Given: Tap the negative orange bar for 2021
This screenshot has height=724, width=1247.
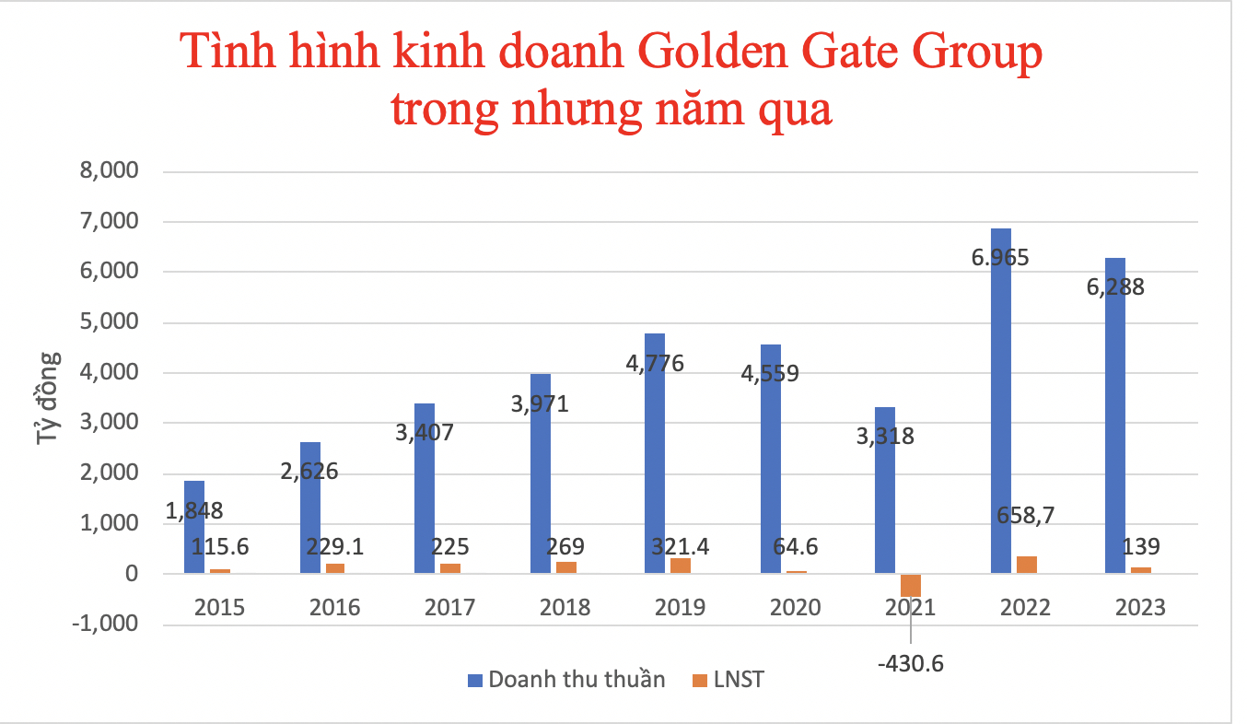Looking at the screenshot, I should coord(911,585).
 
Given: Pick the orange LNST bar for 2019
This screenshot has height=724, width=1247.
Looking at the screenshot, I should coord(681,566).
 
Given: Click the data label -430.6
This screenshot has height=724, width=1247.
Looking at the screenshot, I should coord(911,662).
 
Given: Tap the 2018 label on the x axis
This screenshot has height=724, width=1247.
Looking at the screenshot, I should coord(565,607).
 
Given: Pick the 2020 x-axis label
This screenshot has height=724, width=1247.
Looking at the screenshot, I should coord(796,607).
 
